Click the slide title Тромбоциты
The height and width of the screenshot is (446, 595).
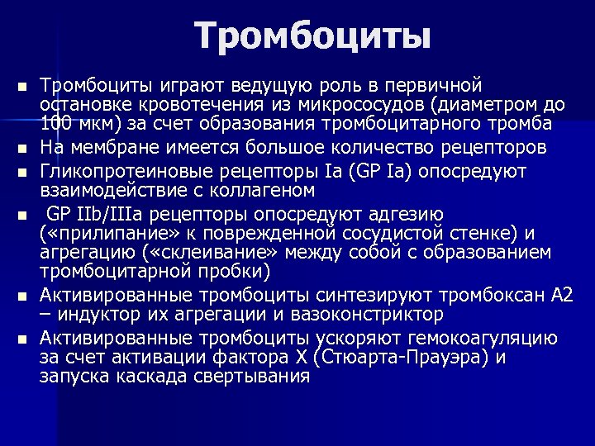[313, 36]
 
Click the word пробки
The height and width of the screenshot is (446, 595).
[247, 272]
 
